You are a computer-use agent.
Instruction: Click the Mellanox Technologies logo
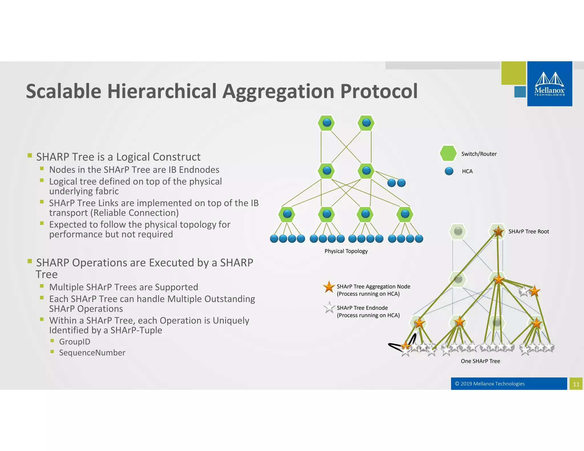tap(549, 84)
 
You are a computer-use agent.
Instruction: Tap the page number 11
tap(576, 384)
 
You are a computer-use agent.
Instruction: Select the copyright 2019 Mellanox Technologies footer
tap(490, 384)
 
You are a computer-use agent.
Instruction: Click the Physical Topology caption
tap(346, 251)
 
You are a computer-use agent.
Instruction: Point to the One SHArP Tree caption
tap(480, 361)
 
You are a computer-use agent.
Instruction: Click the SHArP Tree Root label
tap(528, 231)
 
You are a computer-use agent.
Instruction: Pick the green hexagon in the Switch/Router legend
tap(448, 153)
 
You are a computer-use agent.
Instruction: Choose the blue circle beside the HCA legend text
tap(449, 171)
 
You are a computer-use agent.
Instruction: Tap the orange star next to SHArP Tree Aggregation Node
tap(329, 287)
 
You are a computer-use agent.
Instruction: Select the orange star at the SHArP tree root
tap(498, 231)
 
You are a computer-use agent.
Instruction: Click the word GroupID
tap(74, 342)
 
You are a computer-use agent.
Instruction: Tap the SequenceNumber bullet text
tap(92, 353)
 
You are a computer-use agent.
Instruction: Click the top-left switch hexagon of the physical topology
tap(327, 123)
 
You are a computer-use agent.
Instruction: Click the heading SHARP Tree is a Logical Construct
tap(118, 157)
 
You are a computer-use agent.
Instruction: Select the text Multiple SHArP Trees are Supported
tap(123, 287)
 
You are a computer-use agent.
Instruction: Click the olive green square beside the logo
tap(513, 73)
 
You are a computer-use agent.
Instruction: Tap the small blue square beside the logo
tap(520, 92)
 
